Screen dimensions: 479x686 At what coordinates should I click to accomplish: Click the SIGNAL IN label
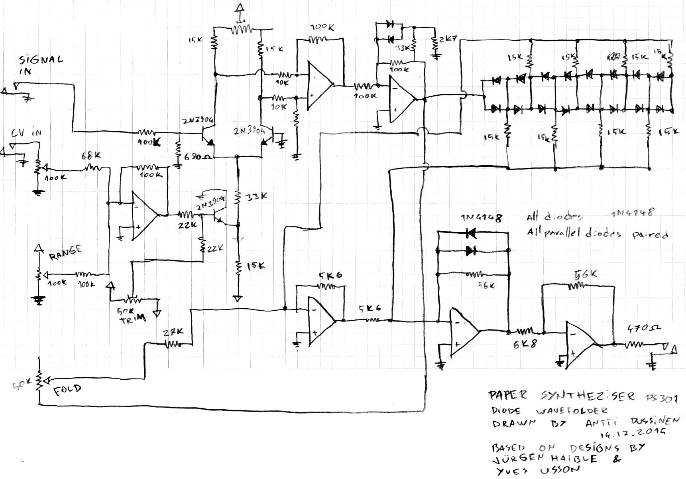[41, 65]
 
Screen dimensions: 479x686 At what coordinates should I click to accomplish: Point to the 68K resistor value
[91, 156]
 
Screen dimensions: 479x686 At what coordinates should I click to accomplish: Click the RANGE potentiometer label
[65, 252]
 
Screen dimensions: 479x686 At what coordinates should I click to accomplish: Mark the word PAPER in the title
[508, 396]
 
